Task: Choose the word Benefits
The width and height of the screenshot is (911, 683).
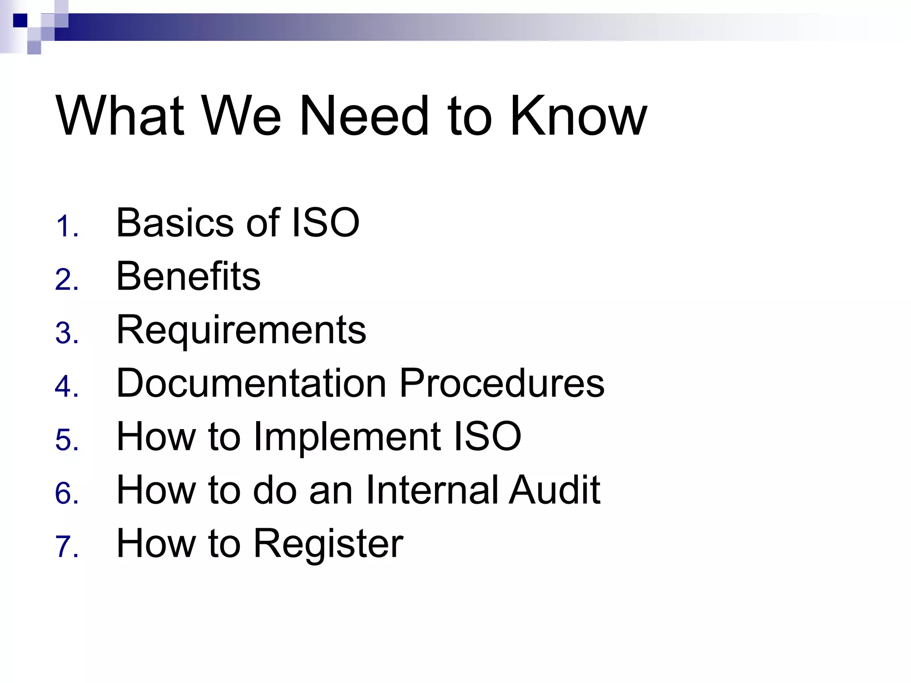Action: click(188, 276)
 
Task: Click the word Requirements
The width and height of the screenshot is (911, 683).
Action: click(241, 330)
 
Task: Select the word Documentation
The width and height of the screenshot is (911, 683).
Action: click(251, 383)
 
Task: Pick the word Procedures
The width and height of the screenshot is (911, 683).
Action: click(502, 383)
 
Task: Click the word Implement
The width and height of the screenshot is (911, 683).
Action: click(347, 437)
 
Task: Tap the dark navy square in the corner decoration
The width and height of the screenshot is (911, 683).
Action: click(20, 20)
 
